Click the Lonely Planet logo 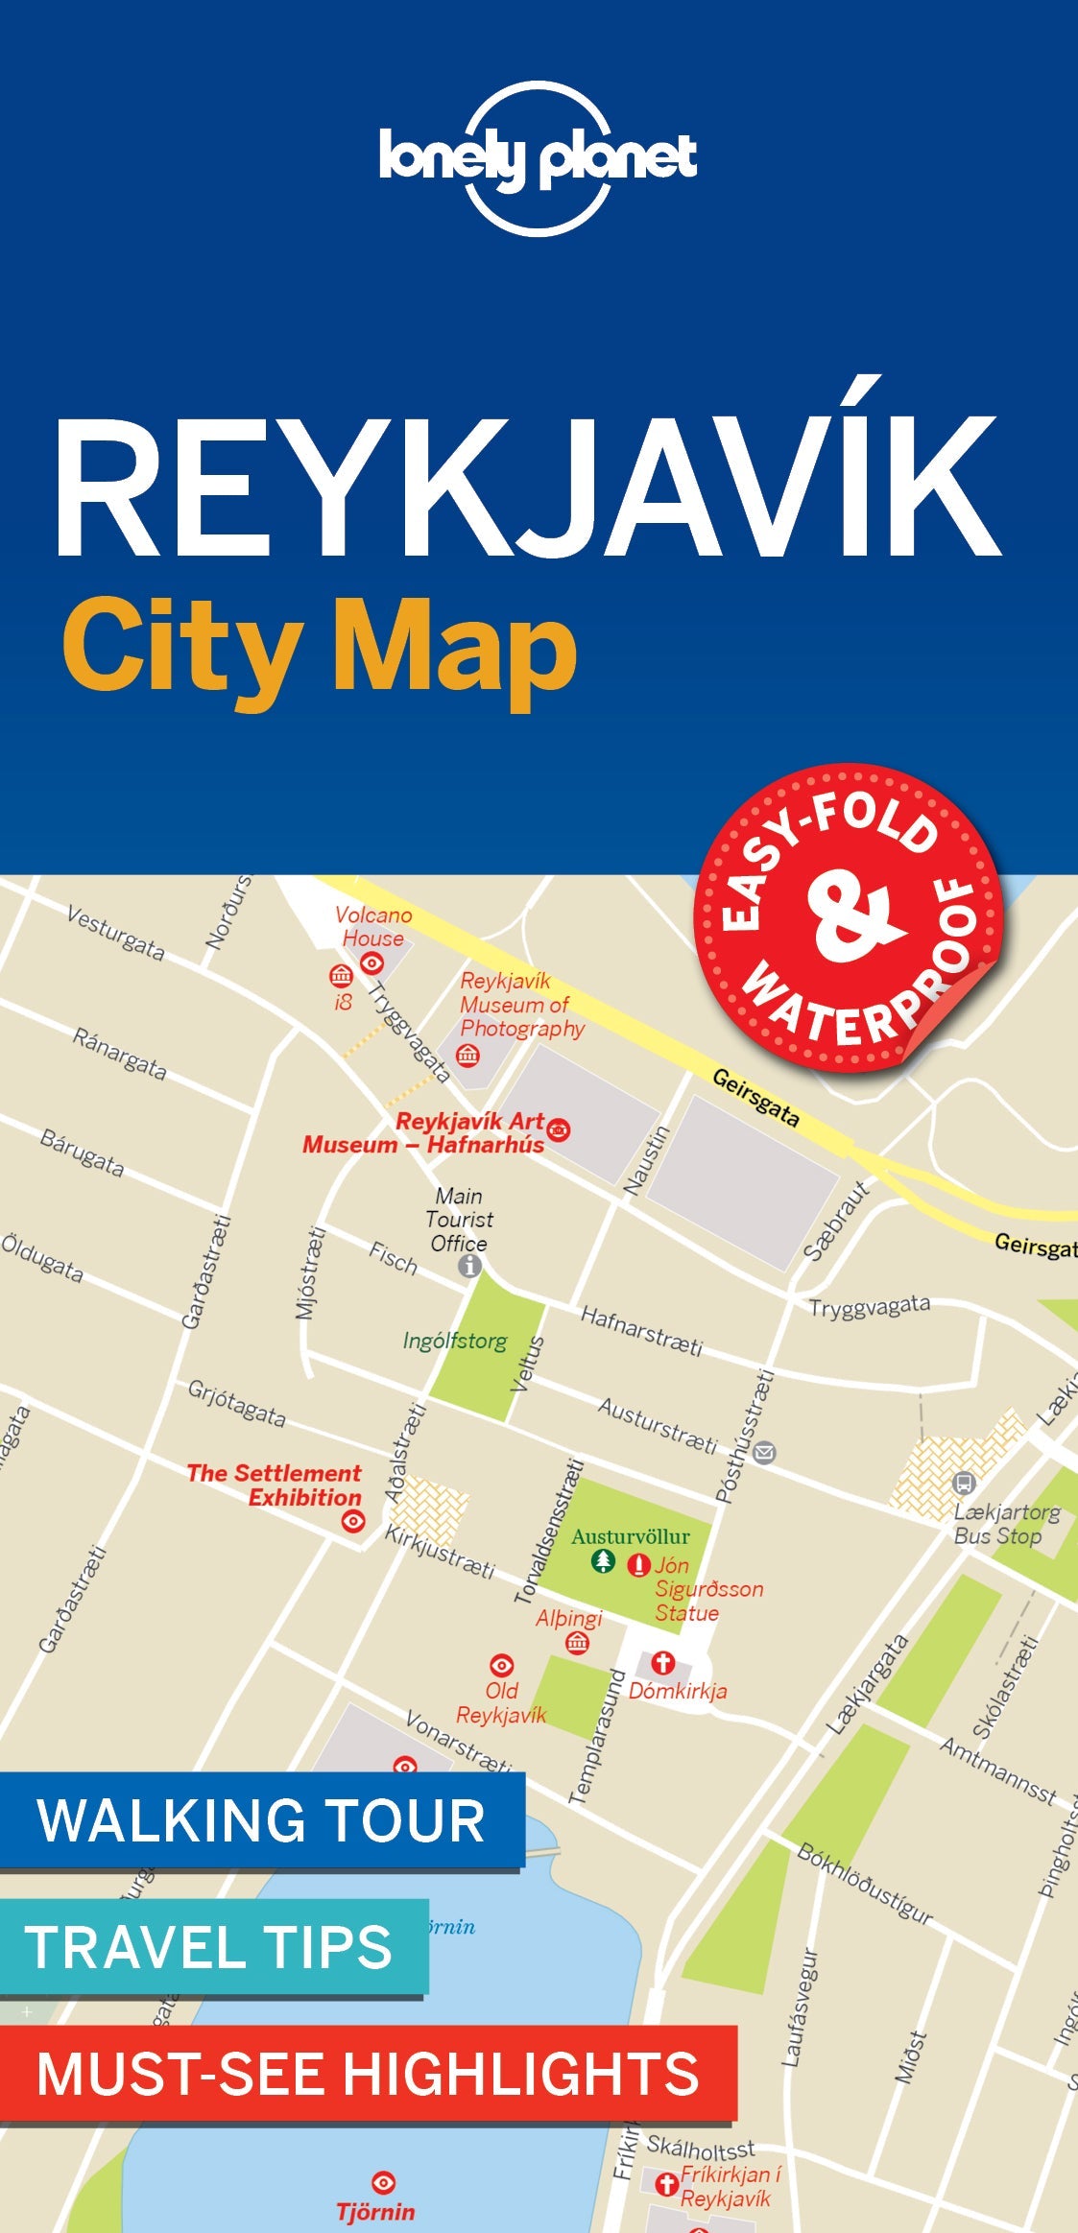click(x=538, y=158)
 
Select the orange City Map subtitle click(x=320, y=651)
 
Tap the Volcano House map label click(x=373, y=926)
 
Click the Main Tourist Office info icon click(x=469, y=1267)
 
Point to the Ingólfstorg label click(x=455, y=1341)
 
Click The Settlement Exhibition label click(x=275, y=1485)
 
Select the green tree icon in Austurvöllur click(x=602, y=1561)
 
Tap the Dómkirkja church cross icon click(x=663, y=1662)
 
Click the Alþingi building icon click(x=577, y=1643)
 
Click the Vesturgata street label click(x=115, y=933)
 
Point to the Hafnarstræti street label click(x=641, y=1331)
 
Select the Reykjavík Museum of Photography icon click(x=467, y=1057)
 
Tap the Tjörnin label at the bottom click(x=375, y=2212)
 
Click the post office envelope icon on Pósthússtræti click(x=763, y=1453)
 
